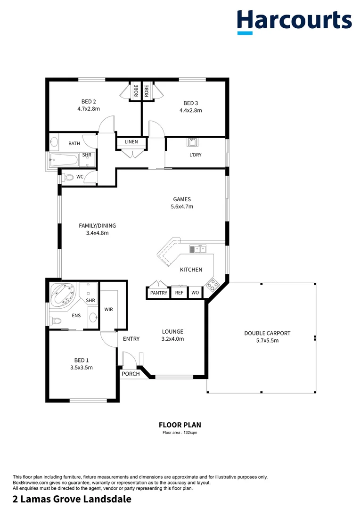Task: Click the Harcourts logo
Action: pyautogui.click(x=295, y=21)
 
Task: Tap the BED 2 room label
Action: pyautogui.click(x=89, y=101)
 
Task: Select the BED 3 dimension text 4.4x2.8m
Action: pyautogui.click(x=190, y=111)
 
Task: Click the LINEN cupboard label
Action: pyautogui.click(x=131, y=142)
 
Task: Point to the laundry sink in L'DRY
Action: pyautogui.click(x=193, y=142)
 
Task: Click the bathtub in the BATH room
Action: pyautogui.click(x=64, y=160)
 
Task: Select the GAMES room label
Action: pyautogui.click(x=181, y=199)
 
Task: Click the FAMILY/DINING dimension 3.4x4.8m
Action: pyautogui.click(x=97, y=233)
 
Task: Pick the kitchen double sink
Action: pyautogui.click(x=198, y=248)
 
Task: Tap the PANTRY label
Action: pyautogui.click(x=159, y=293)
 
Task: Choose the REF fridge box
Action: pyautogui.click(x=179, y=293)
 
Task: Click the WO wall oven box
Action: pyautogui.click(x=195, y=293)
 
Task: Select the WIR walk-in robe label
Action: pyautogui.click(x=109, y=310)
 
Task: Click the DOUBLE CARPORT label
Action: pyautogui.click(x=267, y=333)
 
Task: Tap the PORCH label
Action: pyautogui.click(x=131, y=374)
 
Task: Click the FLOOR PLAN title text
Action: pyautogui.click(x=180, y=425)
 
